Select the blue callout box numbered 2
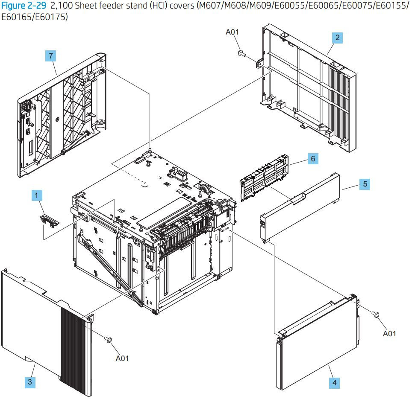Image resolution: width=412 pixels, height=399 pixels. (337, 38)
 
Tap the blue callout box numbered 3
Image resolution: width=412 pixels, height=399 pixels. (30, 382)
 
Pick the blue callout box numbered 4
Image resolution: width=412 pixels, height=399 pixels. (334, 383)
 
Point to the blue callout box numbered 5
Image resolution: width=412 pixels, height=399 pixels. (364, 184)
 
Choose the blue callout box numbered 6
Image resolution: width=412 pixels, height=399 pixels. (313, 159)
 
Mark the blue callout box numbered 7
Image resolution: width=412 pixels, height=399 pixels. (51, 56)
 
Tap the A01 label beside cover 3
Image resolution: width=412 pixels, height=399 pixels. (122, 358)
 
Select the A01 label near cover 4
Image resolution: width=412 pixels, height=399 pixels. (389, 333)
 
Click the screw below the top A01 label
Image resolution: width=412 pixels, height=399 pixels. (240, 53)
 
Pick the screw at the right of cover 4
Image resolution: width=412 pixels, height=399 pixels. (376, 315)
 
